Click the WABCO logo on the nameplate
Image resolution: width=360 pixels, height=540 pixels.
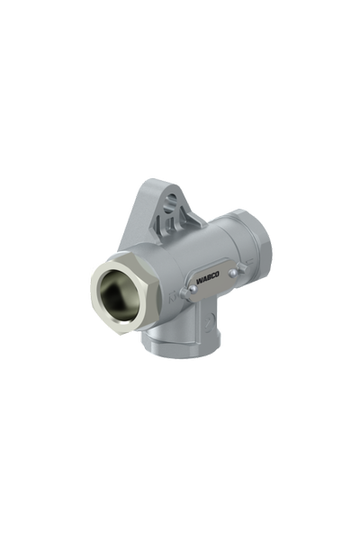207,278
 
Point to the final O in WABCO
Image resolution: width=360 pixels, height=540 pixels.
216,275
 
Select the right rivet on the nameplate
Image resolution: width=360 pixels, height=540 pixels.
233,273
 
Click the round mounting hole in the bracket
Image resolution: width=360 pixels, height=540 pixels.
171,200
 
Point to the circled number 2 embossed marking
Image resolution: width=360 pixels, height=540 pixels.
208,324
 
